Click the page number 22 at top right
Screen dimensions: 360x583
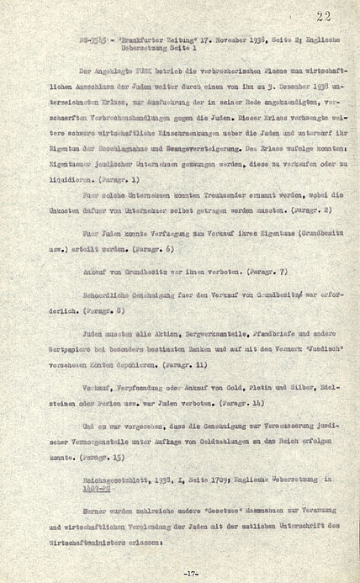coord(325,16)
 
